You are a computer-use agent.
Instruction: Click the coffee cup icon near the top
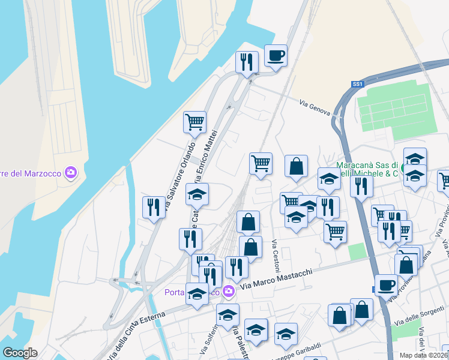276,56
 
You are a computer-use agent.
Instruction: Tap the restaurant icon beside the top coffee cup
247,62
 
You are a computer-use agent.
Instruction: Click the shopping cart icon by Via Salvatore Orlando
194,122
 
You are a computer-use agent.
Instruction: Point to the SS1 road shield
358,85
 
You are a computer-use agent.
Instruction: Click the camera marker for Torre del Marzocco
71,173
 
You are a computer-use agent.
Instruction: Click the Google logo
20,352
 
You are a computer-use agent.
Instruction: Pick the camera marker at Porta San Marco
228,292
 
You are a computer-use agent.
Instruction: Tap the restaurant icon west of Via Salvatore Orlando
154,207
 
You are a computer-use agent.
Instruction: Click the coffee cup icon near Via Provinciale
386,285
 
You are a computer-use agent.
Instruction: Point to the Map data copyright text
424,355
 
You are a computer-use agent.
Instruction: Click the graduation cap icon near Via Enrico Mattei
197,194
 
